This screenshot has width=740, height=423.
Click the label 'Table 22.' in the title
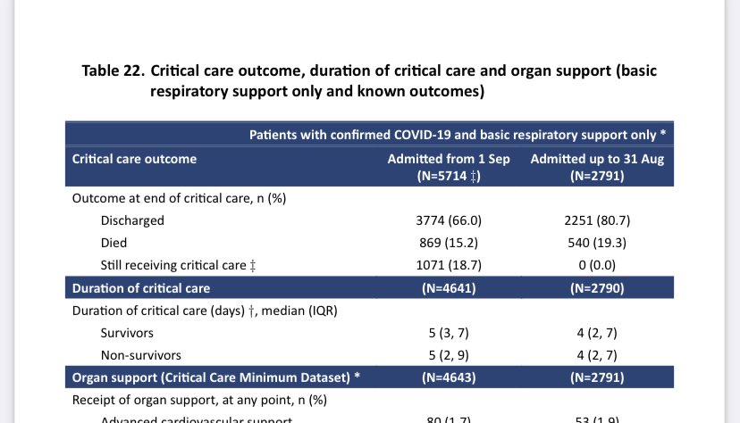113,70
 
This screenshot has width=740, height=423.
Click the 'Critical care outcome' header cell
134,159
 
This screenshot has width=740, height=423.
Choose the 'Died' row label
114,243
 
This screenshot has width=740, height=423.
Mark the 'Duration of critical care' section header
141,287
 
